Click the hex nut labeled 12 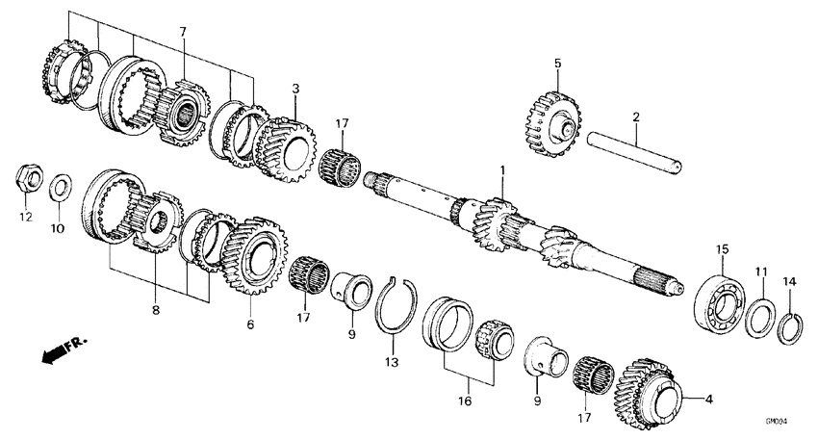click(x=27, y=179)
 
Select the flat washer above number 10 click(x=61, y=183)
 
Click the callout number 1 click(x=501, y=170)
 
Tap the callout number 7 click(x=182, y=33)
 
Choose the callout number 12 click(x=26, y=218)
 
